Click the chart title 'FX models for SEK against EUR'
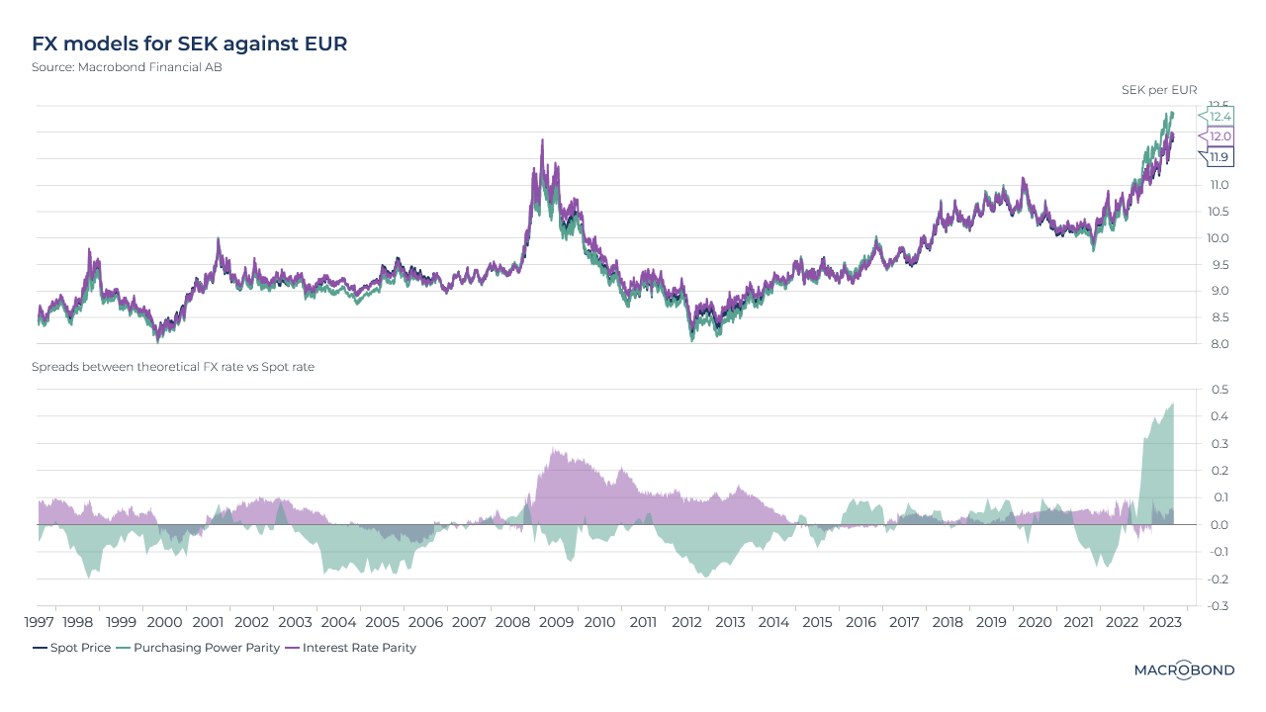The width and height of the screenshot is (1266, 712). point(189,44)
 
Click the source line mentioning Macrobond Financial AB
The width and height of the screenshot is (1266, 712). point(127,67)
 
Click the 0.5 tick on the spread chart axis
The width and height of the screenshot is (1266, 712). point(1220,390)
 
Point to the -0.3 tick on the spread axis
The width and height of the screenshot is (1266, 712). point(1218,606)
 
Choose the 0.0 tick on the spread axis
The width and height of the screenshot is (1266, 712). point(1220,525)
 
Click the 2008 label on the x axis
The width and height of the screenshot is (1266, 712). point(512,623)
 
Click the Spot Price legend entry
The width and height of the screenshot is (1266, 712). point(71,648)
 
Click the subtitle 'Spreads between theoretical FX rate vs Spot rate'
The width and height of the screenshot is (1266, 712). point(173,367)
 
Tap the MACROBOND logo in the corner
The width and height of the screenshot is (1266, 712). point(1183,670)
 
